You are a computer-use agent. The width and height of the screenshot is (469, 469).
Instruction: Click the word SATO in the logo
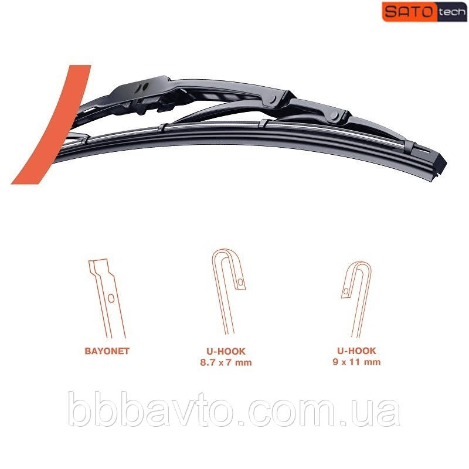(x=409, y=12)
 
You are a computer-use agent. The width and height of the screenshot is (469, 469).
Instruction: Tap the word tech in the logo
(x=452, y=12)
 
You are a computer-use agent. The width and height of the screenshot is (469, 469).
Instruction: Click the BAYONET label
(x=107, y=351)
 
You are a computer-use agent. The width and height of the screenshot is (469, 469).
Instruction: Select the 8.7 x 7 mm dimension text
(x=226, y=362)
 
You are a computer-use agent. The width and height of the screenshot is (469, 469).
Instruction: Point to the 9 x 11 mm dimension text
(x=356, y=362)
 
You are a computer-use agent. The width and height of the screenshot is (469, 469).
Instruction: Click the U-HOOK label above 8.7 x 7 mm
(x=226, y=351)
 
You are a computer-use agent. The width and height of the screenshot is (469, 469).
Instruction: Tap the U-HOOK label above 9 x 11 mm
(x=356, y=351)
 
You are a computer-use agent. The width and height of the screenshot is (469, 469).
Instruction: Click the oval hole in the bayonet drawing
(x=111, y=298)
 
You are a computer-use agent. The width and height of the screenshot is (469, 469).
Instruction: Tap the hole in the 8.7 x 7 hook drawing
(x=240, y=283)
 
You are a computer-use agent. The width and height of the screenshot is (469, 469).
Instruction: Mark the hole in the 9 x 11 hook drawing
(x=346, y=291)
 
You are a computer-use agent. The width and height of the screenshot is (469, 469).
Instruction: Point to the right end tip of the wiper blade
(x=446, y=164)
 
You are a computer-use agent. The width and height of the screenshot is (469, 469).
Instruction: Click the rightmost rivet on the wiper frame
(x=334, y=115)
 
